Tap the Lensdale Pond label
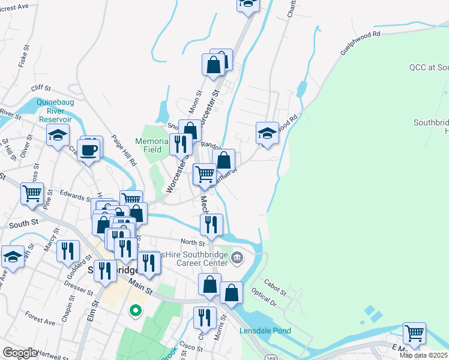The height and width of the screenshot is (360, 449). tap(265, 331)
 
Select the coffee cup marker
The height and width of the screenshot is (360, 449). tap(89, 150)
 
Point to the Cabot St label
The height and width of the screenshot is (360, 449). tap(274, 287)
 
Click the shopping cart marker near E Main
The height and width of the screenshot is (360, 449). tap(414, 332)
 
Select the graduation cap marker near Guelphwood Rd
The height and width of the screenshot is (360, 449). tap(267, 133)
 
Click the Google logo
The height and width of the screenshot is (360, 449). tap(20, 352)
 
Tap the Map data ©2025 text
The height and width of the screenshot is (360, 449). tap(423, 355)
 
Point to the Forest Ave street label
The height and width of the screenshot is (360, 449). tap(40, 317)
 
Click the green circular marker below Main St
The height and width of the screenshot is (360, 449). tap(136, 310)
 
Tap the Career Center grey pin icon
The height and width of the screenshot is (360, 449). tap(237, 258)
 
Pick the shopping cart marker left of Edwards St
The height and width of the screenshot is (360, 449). tap(31, 193)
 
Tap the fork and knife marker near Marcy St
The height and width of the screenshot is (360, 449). tap(68, 250)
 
